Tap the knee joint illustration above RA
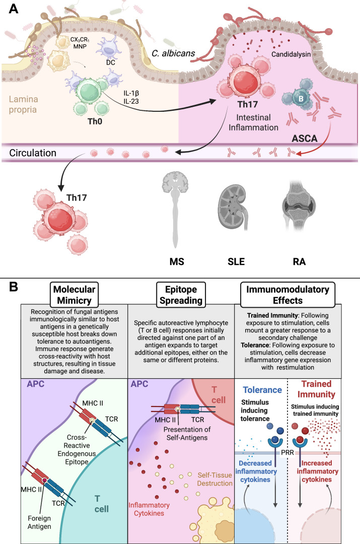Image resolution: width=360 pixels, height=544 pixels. click(299, 205)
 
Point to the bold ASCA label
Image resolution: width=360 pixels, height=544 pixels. click(305, 139)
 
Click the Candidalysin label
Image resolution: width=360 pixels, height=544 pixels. click(291, 54)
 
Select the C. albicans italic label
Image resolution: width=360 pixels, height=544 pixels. click(173, 53)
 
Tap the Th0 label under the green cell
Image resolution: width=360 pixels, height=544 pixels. click(95, 121)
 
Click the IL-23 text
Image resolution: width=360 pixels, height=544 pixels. click(131, 101)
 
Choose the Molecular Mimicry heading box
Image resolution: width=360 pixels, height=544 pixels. click(74, 295)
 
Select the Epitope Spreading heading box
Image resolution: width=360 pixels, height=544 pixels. click(181, 295)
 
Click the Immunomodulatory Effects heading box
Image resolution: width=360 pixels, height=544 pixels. click(287, 295)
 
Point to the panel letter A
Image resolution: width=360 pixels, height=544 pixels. click(13, 8)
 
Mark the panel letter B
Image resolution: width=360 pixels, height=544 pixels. click(13, 287)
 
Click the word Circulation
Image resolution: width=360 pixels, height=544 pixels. click(33, 153)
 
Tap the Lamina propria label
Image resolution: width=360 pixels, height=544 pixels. click(23, 104)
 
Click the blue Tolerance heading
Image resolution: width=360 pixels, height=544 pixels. click(262, 390)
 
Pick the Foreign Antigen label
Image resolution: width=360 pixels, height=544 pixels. click(39, 522)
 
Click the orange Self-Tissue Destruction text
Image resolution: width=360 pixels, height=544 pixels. click(214, 479)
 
